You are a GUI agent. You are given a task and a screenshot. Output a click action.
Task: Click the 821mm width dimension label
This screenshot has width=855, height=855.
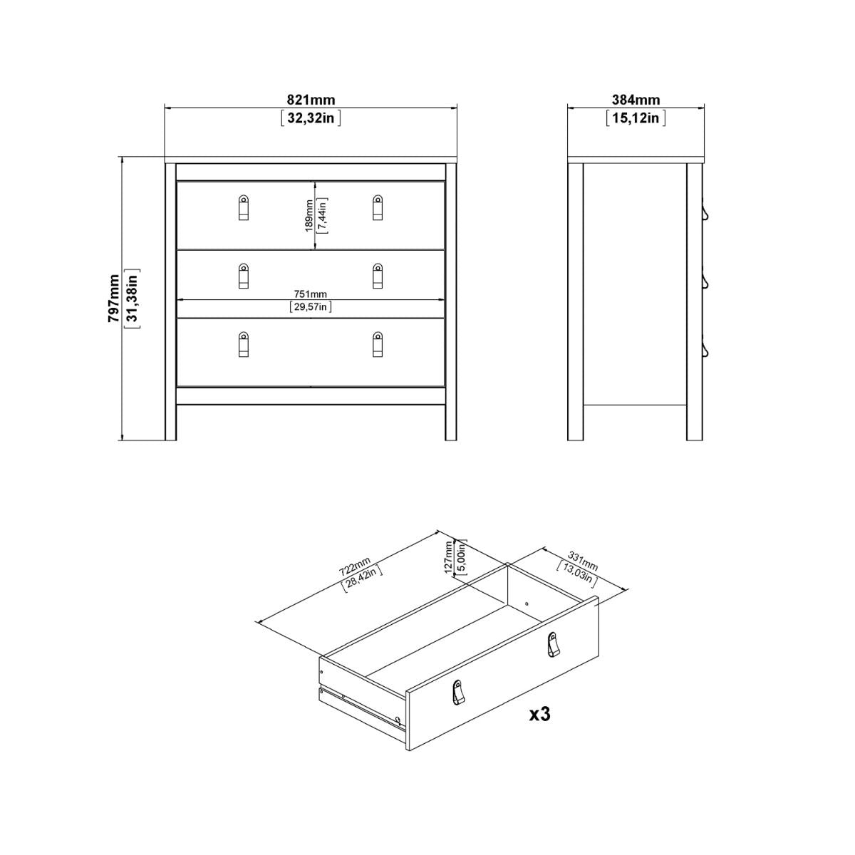click(311, 100)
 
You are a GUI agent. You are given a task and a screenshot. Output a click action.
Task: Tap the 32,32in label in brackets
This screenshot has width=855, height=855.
click(311, 118)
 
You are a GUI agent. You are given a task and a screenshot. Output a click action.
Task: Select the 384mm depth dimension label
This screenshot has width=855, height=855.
click(636, 100)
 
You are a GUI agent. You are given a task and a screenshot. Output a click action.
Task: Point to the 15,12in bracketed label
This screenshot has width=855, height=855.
click(636, 118)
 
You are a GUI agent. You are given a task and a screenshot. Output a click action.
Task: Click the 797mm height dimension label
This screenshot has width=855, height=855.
click(113, 300)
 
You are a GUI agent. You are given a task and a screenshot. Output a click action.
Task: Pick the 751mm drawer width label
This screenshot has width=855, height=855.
click(311, 294)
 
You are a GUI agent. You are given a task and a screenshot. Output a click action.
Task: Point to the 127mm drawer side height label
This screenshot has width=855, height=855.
click(448, 556)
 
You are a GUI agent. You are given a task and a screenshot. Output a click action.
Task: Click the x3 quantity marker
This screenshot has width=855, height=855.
click(541, 715)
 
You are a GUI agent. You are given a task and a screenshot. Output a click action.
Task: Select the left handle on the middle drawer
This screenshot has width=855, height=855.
click(243, 276)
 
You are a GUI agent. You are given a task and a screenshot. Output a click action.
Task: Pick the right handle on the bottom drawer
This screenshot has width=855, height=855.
click(378, 343)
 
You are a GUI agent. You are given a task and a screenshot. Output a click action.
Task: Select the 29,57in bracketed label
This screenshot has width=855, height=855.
click(311, 307)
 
